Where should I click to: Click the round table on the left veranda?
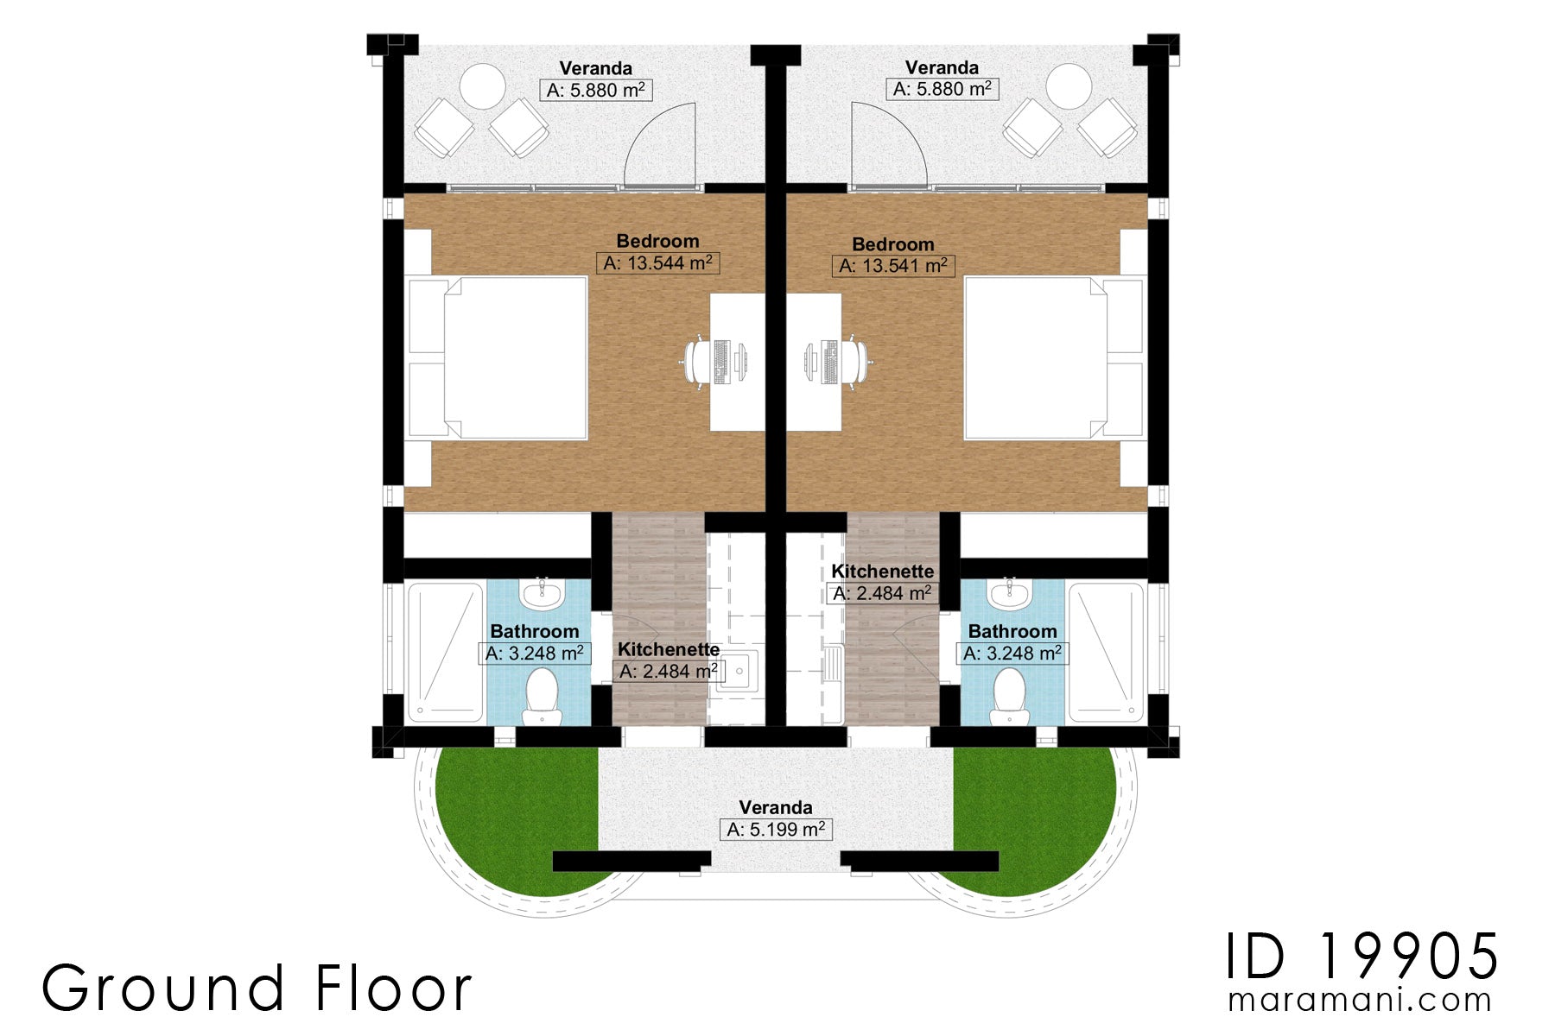point(482,87)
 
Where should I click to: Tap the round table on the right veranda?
point(1069,86)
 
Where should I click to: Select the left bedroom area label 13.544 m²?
point(657,263)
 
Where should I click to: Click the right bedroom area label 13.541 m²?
point(893,266)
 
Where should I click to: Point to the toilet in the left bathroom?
point(542,695)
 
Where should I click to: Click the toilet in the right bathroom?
point(1009,695)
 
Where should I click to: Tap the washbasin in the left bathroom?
point(542,592)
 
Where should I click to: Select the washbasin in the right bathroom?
point(1009,592)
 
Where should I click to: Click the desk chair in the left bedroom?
point(698,361)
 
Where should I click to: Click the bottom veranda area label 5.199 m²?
point(776,830)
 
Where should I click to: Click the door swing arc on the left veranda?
point(657,142)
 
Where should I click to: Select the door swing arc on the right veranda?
point(890,142)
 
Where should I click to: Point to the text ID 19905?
point(1362,957)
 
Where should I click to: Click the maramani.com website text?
point(1360,1001)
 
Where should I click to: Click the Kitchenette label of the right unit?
point(882,572)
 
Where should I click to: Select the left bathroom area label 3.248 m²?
point(535,654)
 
